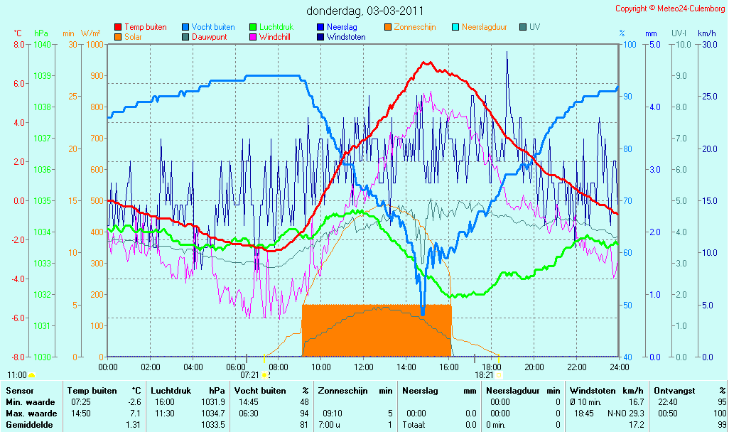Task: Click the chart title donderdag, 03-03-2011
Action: pyautogui.click(x=364, y=11)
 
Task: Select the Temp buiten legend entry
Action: pyautogui.click(x=141, y=27)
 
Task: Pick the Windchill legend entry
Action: pyautogui.click(x=270, y=37)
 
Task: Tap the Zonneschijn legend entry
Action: pyautogui.click(x=410, y=27)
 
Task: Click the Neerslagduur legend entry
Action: pyautogui.click(x=480, y=27)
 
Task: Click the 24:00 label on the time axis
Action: pyautogui.click(x=620, y=367)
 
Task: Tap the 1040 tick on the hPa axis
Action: pyautogui.click(x=43, y=45)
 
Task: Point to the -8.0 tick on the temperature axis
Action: pyautogui.click(x=18, y=357)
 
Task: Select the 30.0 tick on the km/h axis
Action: pyautogui.click(x=710, y=45)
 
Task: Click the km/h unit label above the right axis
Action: pyautogui.click(x=706, y=33)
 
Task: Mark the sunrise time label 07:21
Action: pyautogui.click(x=249, y=375)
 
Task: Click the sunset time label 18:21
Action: pyautogui.click(x=484, y=375)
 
